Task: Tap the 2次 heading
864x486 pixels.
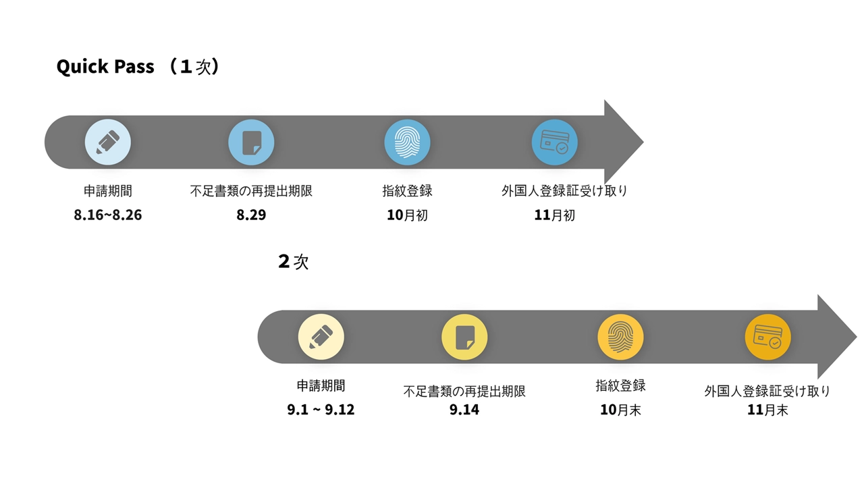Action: click(x=293, y=261)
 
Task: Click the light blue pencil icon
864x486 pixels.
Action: click(x=108, y=142)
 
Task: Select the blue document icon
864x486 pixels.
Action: click(x=251, y=142)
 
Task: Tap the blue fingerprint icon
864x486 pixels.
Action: click(x=407, y=142)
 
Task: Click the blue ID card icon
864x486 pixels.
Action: click(x=554, y=142)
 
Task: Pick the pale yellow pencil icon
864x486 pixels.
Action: click(x=321, y=337)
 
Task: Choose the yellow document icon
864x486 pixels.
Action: click(x=464, y=337)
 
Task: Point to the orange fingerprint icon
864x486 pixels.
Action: click(x=620, y=337)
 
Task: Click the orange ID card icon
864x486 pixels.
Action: click(x=767, y=337)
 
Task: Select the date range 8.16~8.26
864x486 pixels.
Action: click(x=108, y=216)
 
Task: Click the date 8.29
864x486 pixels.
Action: click(x=251, y=215)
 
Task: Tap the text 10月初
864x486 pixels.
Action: click(x=407, y=215)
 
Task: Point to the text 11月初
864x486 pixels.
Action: click(x=554, y=215)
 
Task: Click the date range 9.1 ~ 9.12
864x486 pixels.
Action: click(x=321, y=410)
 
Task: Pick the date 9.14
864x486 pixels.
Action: click(x=464, y=410)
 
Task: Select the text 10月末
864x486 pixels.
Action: click(x=620, y=410)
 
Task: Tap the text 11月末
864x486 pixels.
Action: click(x=767, y=410)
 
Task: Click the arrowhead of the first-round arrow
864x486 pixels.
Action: click(x=621, y=142)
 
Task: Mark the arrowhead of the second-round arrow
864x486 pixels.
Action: click(x=835, y=337)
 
